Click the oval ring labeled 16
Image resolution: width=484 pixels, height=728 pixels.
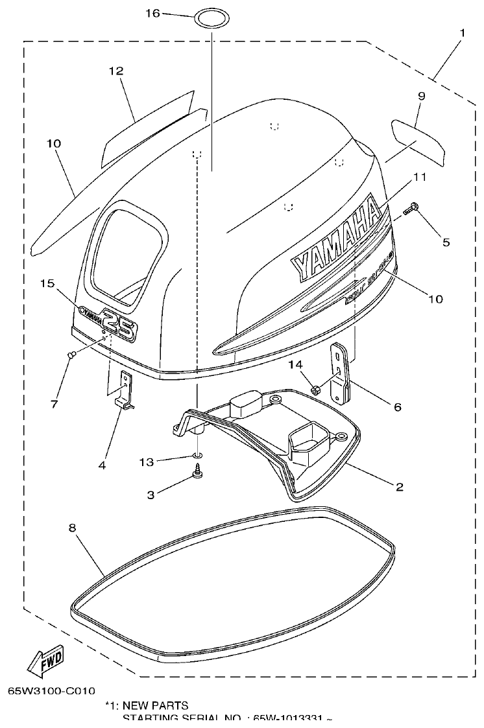(212, 18)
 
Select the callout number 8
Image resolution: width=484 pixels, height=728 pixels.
(72, 528)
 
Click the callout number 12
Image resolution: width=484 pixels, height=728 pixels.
(116, 71)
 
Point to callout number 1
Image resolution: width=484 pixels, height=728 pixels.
(462, 32)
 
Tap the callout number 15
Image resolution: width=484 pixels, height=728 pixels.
(46, 283)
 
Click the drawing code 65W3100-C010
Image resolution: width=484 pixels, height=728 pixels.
(51, 692)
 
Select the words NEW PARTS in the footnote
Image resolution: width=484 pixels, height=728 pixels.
(155, 705)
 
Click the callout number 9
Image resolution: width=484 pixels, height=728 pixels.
(421, 95)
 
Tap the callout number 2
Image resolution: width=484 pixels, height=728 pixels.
(400, 486)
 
